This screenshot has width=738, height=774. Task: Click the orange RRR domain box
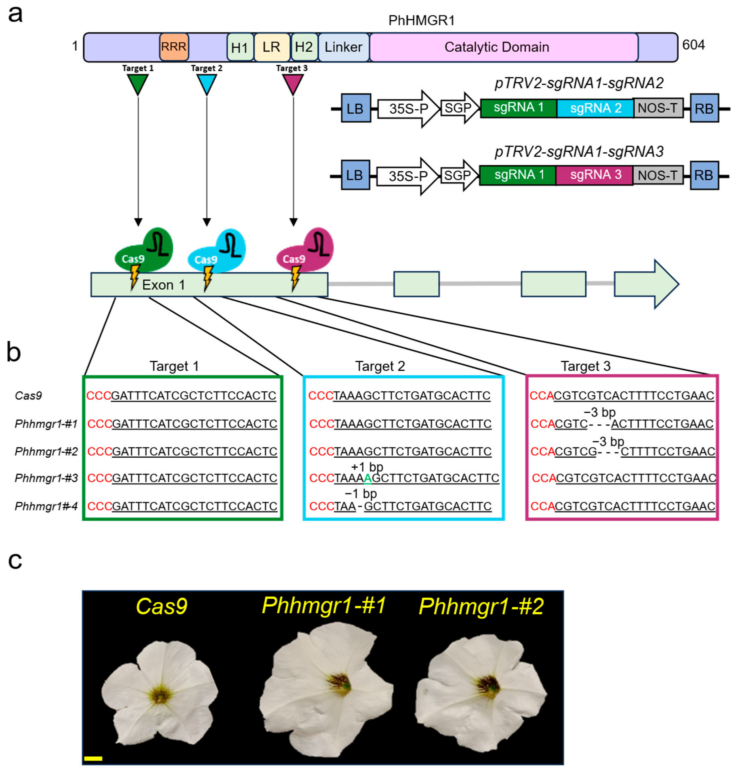[174, 47]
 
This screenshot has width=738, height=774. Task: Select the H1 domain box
[240, 47]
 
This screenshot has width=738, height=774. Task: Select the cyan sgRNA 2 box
[595, 108]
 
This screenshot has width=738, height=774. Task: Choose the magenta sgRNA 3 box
[595, 175]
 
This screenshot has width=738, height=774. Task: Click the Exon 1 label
[163, 285]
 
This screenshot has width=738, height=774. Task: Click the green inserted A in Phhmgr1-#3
[367, 478]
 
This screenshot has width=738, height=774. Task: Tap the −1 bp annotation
[361, 493]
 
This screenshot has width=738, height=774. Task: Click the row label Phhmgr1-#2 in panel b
[46, 451]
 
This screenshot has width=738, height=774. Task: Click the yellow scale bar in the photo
[93, 758]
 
